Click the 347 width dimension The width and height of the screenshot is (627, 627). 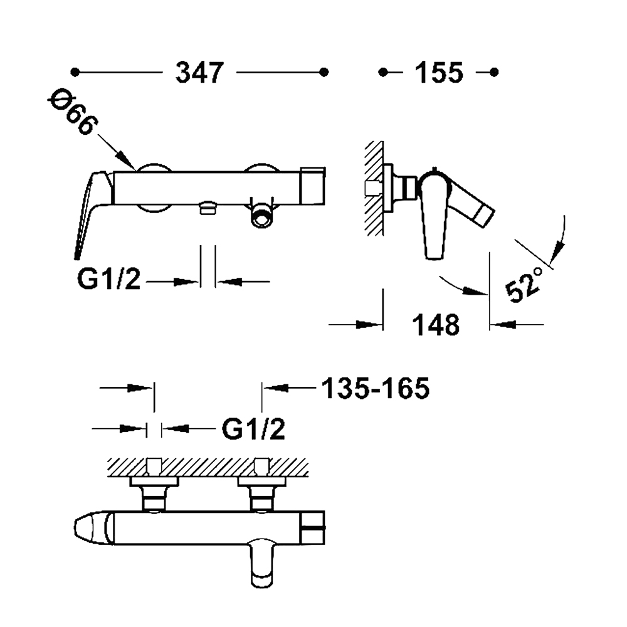tap(199, 72)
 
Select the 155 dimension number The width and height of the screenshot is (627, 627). tap(439, 73)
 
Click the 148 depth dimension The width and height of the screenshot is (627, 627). tap(436, 325)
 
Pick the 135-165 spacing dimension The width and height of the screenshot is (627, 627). tap(376, 388)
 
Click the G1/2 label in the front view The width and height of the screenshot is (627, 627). tap(108, 279)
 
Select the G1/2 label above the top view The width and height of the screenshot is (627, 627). tap(253, 429)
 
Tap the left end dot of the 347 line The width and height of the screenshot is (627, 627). tap(75, 72)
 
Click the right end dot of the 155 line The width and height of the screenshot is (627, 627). tap(494, 72)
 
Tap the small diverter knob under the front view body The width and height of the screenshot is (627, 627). tap(208, 208)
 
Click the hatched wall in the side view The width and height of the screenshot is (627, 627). tap(373, 188)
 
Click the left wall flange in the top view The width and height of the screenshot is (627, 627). tap(154, 482)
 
